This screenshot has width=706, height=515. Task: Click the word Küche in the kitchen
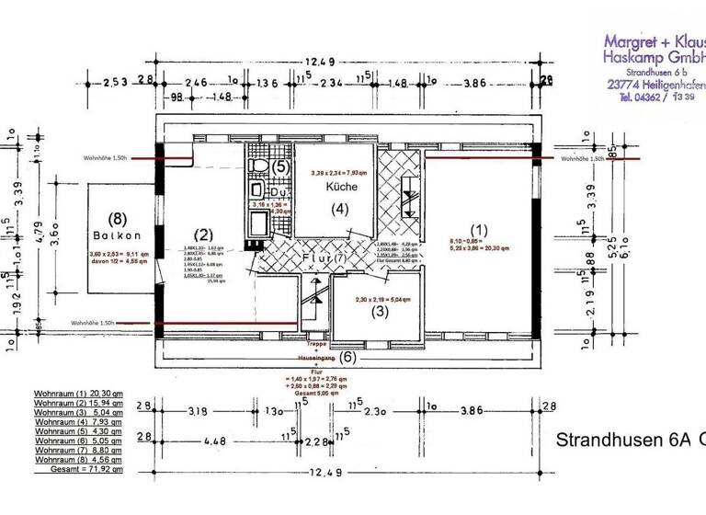(340, 186)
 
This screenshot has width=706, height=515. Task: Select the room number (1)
(477, 228)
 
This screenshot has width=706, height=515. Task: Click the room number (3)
(379, 311)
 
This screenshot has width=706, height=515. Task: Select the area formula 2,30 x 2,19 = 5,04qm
(378, 299)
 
